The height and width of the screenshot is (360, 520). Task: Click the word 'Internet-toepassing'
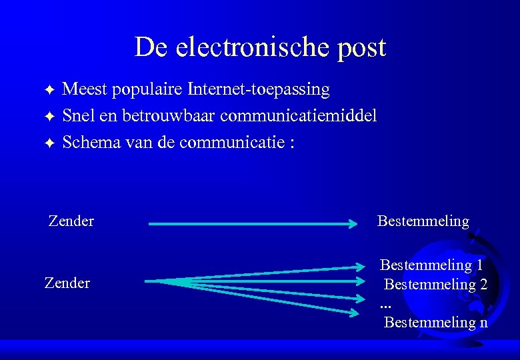click(259, 89)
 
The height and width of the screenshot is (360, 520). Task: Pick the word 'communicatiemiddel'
click(298, 116)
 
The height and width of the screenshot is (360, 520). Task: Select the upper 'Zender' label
click(71, 221)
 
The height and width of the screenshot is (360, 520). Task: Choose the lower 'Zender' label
click(67, 283)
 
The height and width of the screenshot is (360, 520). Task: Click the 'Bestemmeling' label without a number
click(423, 221)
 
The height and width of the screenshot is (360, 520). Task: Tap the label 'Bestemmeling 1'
click(431, 265)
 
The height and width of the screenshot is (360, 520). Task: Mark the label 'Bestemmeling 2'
click(435, 285)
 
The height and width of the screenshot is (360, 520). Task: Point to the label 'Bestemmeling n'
click(435, 323)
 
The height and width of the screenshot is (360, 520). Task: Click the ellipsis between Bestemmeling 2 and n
click(385, 305)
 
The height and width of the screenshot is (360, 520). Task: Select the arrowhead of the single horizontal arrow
click(353, 225)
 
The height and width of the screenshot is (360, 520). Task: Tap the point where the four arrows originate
click(148, 281)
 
